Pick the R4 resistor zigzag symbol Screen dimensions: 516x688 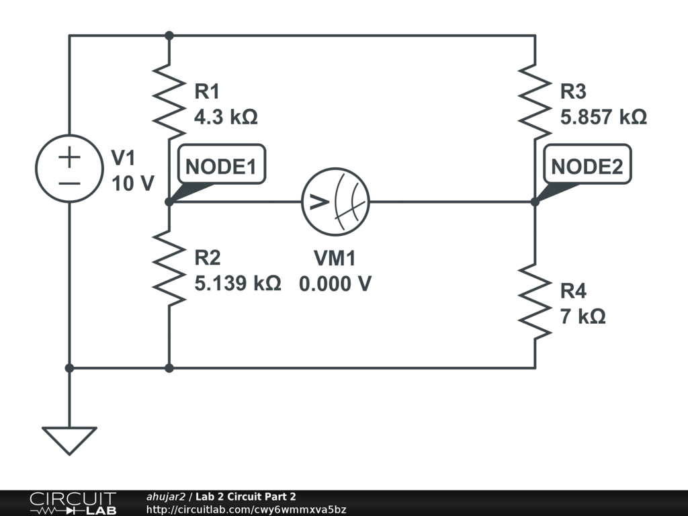pyautogui.click(x=535, y=302)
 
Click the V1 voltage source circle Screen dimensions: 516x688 pyautogui.click(x=69, y=168)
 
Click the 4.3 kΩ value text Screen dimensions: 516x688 pyautogui.click(x=226, y=118)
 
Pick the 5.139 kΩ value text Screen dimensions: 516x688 pyautogui.click(x=237, y=284)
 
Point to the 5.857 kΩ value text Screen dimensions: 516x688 pyautogui.click(x=603, y=118)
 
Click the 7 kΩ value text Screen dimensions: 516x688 pyautogui.click(x=583, y=316)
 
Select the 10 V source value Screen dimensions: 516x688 pyautogui.click(x=133, y=183)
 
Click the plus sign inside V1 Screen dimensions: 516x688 pyautogui.click(x=69, y=158)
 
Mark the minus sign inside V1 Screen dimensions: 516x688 pyautogui.click(x=69, y=183)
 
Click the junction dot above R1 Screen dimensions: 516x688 pyautogui.click(x=169, y=35)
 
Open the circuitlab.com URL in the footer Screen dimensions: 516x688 pyautogui.click(x=246, y=510)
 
